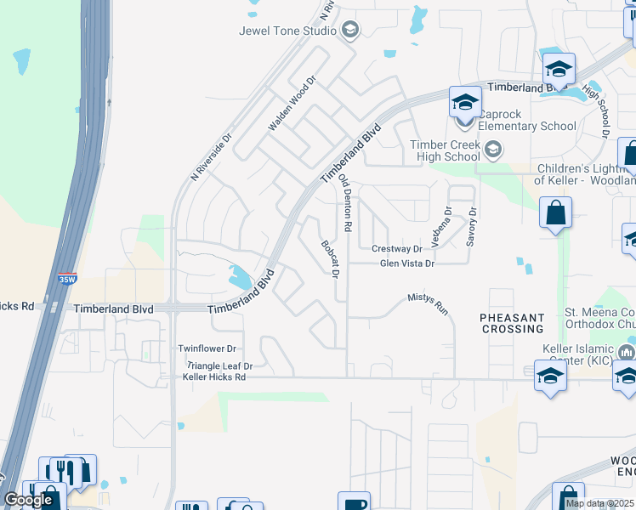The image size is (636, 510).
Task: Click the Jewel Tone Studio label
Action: [x=287, y=31]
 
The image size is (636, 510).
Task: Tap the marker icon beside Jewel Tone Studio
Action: [x=349, y=31]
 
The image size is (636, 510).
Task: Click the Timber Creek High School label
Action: [x=445, y=150]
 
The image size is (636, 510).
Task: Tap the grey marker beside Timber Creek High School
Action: [x=492, y=151]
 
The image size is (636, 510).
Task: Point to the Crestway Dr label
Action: [x=397, y=249]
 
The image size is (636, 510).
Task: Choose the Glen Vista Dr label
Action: [x=407, y=263]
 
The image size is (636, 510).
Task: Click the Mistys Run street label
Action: [x=428, y=303]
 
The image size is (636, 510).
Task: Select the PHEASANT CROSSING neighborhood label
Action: [x=512, y=323]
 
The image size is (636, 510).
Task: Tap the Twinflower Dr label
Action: [x=207, y=348]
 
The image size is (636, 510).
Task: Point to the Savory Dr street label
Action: [x=473, y=227]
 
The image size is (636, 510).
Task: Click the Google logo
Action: [x=28, y=500]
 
